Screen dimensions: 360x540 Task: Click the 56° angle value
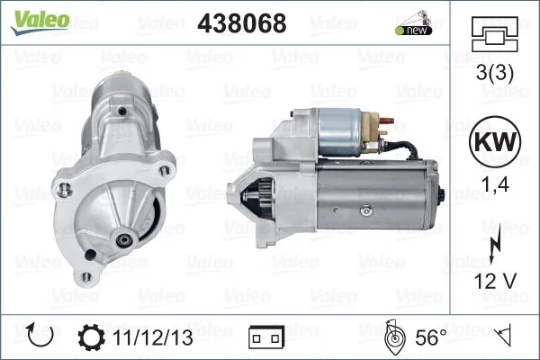(x=431, y=337)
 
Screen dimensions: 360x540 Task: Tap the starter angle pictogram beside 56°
(x=393, y=337)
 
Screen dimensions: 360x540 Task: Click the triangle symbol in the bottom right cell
(x=505, y=337)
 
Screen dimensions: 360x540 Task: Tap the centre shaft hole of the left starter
(x=122, y=242)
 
